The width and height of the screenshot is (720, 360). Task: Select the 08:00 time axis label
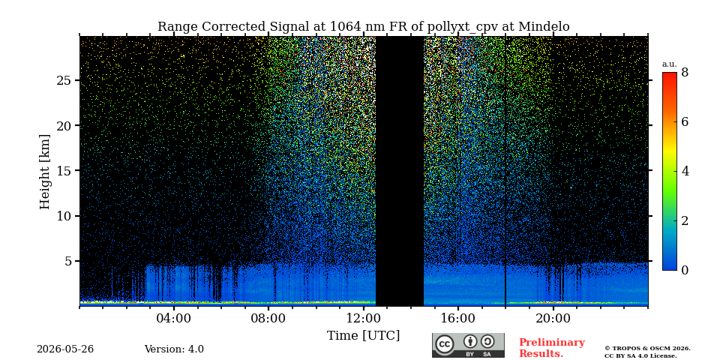point(268,319)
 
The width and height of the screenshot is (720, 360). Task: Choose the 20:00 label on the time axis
point(553,319)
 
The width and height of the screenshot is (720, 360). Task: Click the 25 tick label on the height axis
point(63,80)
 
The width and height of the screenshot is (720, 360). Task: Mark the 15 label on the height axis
point(63,171)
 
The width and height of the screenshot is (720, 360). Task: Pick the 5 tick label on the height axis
point(67,261)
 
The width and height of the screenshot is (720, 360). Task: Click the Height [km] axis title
point(44,172)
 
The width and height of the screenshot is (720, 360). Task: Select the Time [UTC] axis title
point(363,336)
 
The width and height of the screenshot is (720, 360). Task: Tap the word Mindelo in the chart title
point(544,27)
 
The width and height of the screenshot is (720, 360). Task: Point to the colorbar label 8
point(685,72)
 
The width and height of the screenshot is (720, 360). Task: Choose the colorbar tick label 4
point(685,171)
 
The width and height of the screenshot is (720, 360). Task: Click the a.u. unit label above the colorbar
point(670,64)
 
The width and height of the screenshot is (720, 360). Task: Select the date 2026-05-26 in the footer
point(65,349)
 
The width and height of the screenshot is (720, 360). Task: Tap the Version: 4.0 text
point(174,349)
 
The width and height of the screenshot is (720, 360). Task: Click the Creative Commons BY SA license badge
point(468,345)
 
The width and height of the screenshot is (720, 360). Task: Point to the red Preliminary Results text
point(552,348)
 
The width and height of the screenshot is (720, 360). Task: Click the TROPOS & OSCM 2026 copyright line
point(647,349)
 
